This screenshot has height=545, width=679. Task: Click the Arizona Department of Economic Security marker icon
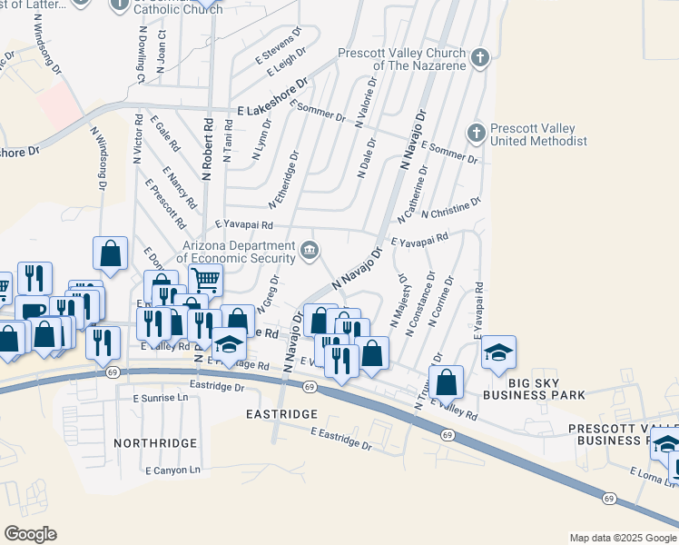[310, 250]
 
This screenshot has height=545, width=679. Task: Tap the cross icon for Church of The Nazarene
[480, 59]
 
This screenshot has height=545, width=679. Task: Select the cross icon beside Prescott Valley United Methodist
[475, 134]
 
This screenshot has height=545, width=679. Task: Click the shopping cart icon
[206, 280]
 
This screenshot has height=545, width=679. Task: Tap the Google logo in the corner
[30, 534]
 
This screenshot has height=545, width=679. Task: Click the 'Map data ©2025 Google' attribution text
[622, 538]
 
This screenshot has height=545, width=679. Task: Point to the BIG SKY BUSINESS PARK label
[534, 388]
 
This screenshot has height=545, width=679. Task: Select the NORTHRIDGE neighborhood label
[155, 442]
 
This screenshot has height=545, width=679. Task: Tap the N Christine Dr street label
[451, 207]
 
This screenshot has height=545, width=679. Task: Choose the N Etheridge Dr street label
[283, 178]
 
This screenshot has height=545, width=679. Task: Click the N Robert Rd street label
[208, 148]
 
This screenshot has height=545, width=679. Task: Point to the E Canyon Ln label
[172, 470]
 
